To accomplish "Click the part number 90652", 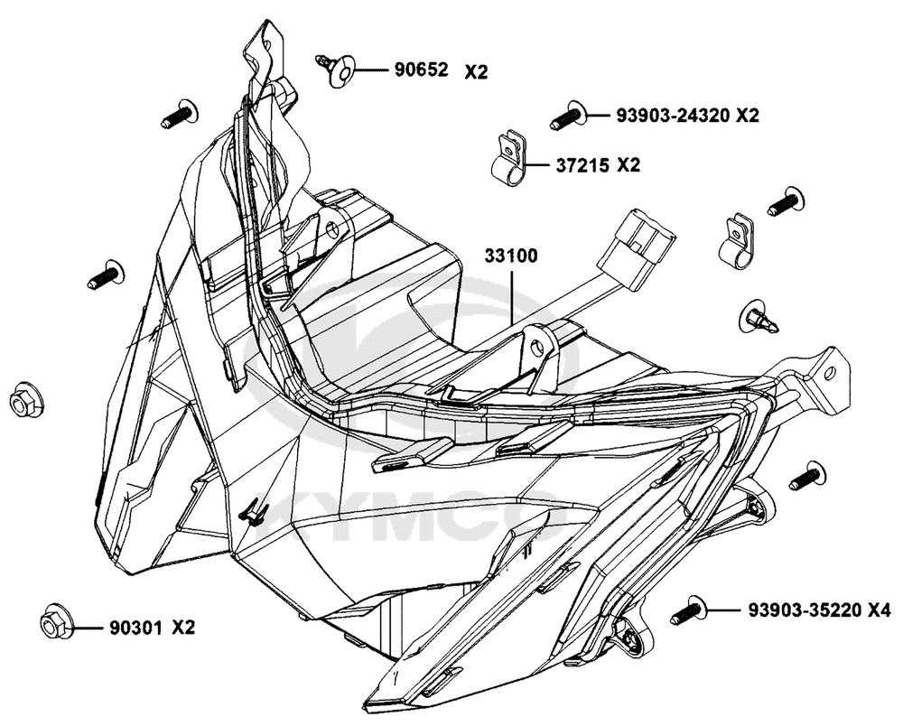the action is [421, 70].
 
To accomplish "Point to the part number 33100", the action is [511, 256].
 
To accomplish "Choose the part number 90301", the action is [136, 627].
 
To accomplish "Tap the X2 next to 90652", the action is [476, 72].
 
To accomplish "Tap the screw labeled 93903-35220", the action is [689, 610].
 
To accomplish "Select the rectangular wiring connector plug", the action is [636, 248].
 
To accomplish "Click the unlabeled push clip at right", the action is [759, 318].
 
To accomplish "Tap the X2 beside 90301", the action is [183, 627].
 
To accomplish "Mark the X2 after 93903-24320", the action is [748, 116].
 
